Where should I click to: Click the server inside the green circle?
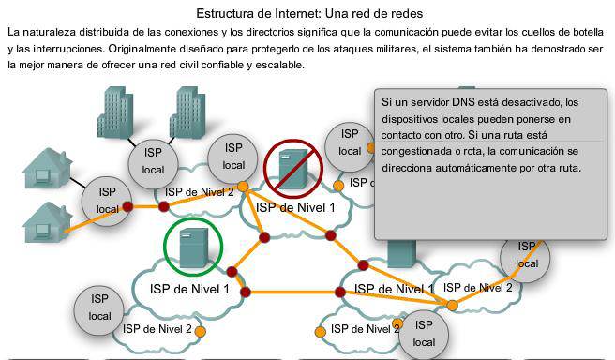(193, 247)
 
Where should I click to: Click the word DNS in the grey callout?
(452, 101)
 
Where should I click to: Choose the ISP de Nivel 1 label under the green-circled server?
(189, 289)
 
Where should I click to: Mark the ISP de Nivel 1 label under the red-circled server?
(295, 207)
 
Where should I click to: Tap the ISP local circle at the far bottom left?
(99, 307)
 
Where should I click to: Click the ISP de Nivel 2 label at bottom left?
(157, 329)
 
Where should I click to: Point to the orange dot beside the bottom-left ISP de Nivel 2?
(201, 331)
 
